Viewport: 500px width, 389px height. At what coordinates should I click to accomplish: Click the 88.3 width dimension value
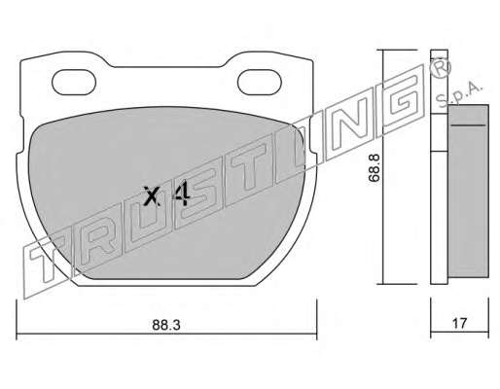[x=166, y=325]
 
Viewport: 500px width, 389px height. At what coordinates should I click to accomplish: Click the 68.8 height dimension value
[x=374, y=167]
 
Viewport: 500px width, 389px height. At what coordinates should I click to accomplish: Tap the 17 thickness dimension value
[x=459, y=323]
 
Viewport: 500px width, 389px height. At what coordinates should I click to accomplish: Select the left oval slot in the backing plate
[x=74, y=82]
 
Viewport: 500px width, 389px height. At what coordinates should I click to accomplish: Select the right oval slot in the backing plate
[x=260, y=82]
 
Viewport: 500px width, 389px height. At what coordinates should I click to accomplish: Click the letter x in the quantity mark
[x=152, y=196]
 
